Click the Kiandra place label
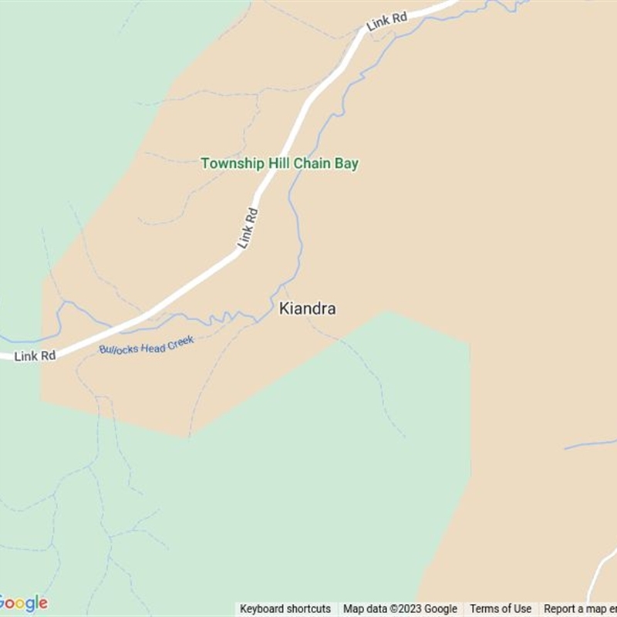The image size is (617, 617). pyautogui.click(x=307, y=309)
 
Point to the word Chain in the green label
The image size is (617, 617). pyautogui.click(x=308, y=164)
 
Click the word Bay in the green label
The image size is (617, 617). pyautogui.click(x=346, y=164)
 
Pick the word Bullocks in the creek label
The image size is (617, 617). pyautogui.click(x=117, y=348)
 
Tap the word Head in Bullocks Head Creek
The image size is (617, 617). pyautogui.click(x=151, y=343)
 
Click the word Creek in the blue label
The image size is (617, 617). pyautogui.click(x=180, y=339)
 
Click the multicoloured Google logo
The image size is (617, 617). pyautogui.click(x=23, y=603)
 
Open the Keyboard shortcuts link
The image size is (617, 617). pyautogui.click(x=285, y=609)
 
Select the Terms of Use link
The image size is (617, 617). pyautogui.click(x=501, y=609)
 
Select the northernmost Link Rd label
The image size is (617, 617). pyautogui.click(x=386, y=22)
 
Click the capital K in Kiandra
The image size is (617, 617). pyautogui.click(x=284, y=309)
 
